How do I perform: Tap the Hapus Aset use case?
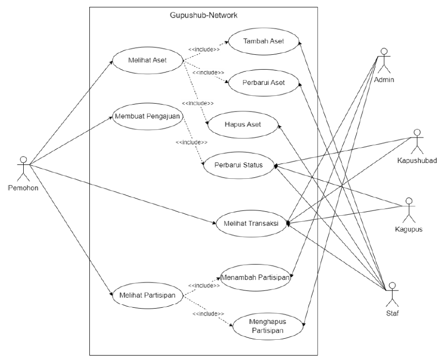(x=243, y=124)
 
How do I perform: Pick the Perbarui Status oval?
(x=238, y=166)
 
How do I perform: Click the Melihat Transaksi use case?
(x=251, y=224)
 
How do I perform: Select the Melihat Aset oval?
(x=148, y=61)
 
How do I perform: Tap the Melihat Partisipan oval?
(x=148, y=295)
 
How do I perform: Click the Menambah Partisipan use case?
(x=255, y=277)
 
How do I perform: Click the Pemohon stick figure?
(x=22, y=168)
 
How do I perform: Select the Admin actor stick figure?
(x=384, y=59)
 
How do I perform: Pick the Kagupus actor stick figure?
(x=408, y=210)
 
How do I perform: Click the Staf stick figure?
(x=392, y=294)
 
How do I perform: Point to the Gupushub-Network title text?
(x=203, y=15)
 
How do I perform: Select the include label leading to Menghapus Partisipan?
(x=208, y=314)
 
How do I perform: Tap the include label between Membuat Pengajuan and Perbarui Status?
(x=191, y=142)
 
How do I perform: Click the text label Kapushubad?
(x=417, y=161)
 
